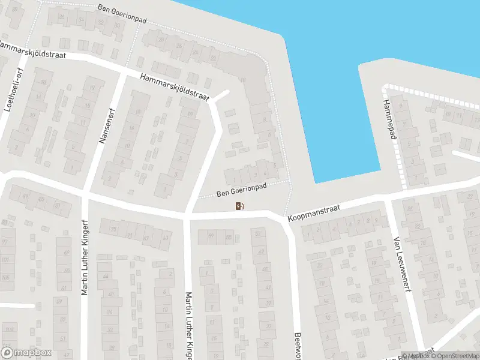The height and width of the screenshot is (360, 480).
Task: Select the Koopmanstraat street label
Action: tap(313, 213)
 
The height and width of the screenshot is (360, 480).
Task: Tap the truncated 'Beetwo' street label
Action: tap(297, 346)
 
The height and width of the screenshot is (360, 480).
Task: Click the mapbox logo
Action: tap(25, 353)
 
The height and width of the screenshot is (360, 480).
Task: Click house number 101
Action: tap(6, 260)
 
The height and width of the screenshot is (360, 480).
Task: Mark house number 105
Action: tap(6, 278)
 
